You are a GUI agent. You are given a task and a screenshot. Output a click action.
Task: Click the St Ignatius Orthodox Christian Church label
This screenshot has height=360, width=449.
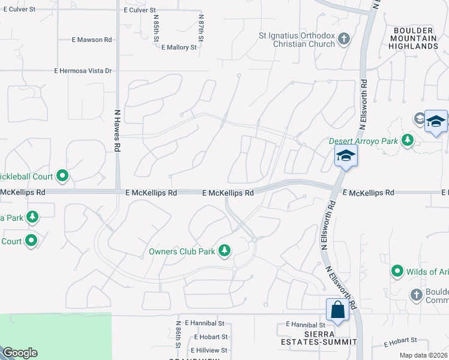pyautogui.click(x=297, y=40)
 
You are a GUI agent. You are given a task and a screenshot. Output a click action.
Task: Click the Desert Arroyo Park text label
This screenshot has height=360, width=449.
pyautogui.click(x=363, y=142)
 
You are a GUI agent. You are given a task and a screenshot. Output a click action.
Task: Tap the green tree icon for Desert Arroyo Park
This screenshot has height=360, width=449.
pyautogui.click(x=408, y=140)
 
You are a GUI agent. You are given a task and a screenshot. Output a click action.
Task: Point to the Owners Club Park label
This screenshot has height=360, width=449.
pyautogui.click(x=182, y=251)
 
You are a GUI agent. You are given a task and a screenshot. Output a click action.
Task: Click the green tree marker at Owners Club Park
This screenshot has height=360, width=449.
pyautogui.click(x=224, y=250)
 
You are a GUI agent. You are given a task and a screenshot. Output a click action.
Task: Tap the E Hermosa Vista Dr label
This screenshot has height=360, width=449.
pyautogui.click(x=83, y=71)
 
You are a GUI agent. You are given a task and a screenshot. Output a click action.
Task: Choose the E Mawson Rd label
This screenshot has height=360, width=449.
pyautogui.click(x=92, y=40)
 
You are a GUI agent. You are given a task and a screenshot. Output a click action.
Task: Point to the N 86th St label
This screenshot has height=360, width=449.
pyautogui.click(x=178, y=335)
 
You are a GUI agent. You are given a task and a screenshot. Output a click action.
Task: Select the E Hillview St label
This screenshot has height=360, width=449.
pyautogui.click(x=209, y=350)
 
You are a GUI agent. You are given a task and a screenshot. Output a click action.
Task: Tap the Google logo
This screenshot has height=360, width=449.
pyautogui.click(x=19, y=353)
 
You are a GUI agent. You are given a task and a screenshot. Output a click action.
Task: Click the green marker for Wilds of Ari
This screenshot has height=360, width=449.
pyautogui.click(x=396, y=272)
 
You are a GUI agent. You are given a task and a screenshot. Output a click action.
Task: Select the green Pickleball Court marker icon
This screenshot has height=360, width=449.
pyautogui.click(x=62, y=176)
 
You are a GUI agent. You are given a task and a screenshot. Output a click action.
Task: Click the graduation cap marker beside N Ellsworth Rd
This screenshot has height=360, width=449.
pyautogui.click(x=346, y=157)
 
